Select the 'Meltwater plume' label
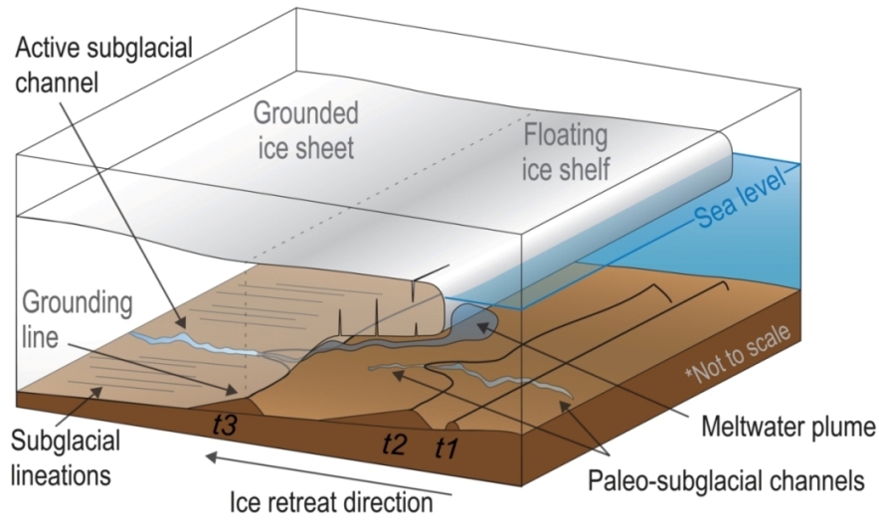pos(785,428)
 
